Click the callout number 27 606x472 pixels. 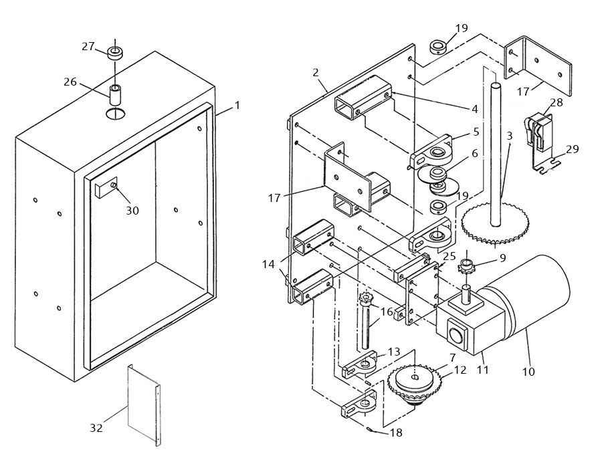88,46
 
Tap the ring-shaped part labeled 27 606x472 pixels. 116,53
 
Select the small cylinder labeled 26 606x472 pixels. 116,94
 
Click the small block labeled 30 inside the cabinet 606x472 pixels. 105,188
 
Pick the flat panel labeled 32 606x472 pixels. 143,405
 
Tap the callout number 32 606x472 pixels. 96,428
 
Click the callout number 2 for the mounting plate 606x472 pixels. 316,72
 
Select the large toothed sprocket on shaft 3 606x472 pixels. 496,226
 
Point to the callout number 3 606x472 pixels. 509,136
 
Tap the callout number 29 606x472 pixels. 572,149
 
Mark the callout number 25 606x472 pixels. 449,256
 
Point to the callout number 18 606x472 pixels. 396,433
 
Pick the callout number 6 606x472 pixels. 474,153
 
